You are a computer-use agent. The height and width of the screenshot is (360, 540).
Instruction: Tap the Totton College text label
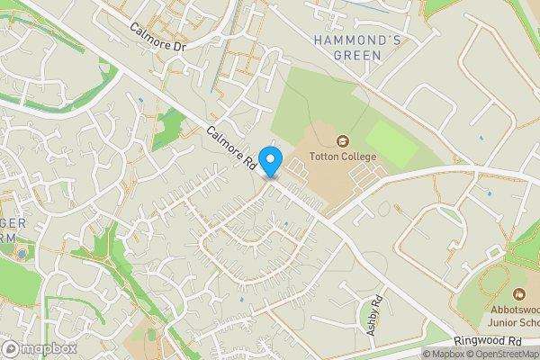tap(343, 157)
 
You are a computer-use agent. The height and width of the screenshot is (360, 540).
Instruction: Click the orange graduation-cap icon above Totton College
tap(343, 141)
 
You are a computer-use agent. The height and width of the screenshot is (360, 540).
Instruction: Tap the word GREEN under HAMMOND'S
tap(357, 56)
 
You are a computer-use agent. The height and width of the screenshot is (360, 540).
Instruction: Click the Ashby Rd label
tap(376, 315)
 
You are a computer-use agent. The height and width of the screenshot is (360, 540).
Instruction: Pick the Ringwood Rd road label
tap(487, 342)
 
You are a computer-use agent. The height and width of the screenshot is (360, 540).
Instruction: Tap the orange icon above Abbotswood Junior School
tap(519, 293)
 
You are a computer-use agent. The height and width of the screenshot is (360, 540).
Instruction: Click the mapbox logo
tap(40, 348)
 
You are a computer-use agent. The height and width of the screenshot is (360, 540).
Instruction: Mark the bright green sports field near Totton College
tap(391, 142)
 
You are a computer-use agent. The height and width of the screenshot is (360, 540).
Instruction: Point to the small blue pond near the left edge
tap(22, 254)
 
